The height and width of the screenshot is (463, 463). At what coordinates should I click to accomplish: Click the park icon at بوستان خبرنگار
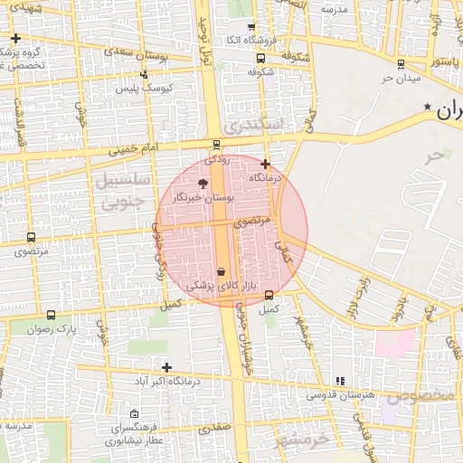[202, 184]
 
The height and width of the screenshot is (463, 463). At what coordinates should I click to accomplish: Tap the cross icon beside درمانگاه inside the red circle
[264, 165]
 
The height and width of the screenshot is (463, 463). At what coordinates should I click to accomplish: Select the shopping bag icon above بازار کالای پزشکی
[222, 271]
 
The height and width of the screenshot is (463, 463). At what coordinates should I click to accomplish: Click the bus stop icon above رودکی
[216, 145]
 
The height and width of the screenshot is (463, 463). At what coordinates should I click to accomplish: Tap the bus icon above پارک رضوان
[50, 316]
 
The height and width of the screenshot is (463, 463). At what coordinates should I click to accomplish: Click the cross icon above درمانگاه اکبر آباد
[165, 366]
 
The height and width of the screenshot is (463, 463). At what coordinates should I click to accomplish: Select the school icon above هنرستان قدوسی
[340, 381]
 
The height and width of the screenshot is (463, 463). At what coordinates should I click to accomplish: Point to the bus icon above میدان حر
[401, 63]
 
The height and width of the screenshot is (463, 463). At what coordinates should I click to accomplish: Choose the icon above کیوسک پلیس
[145, 76]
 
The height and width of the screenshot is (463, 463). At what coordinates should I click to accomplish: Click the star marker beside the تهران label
[428, 108]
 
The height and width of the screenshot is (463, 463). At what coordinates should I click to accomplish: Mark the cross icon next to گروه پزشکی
[17, 38]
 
